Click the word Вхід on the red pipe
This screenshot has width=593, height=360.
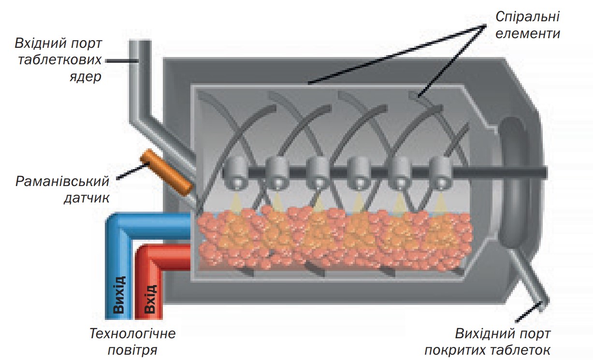(150, 300)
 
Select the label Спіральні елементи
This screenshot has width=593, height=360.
(527, 26)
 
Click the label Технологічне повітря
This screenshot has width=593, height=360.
(132, 341)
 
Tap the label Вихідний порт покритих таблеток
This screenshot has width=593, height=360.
(502, 341)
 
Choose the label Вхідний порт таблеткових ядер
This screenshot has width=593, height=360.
(58, 60)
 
